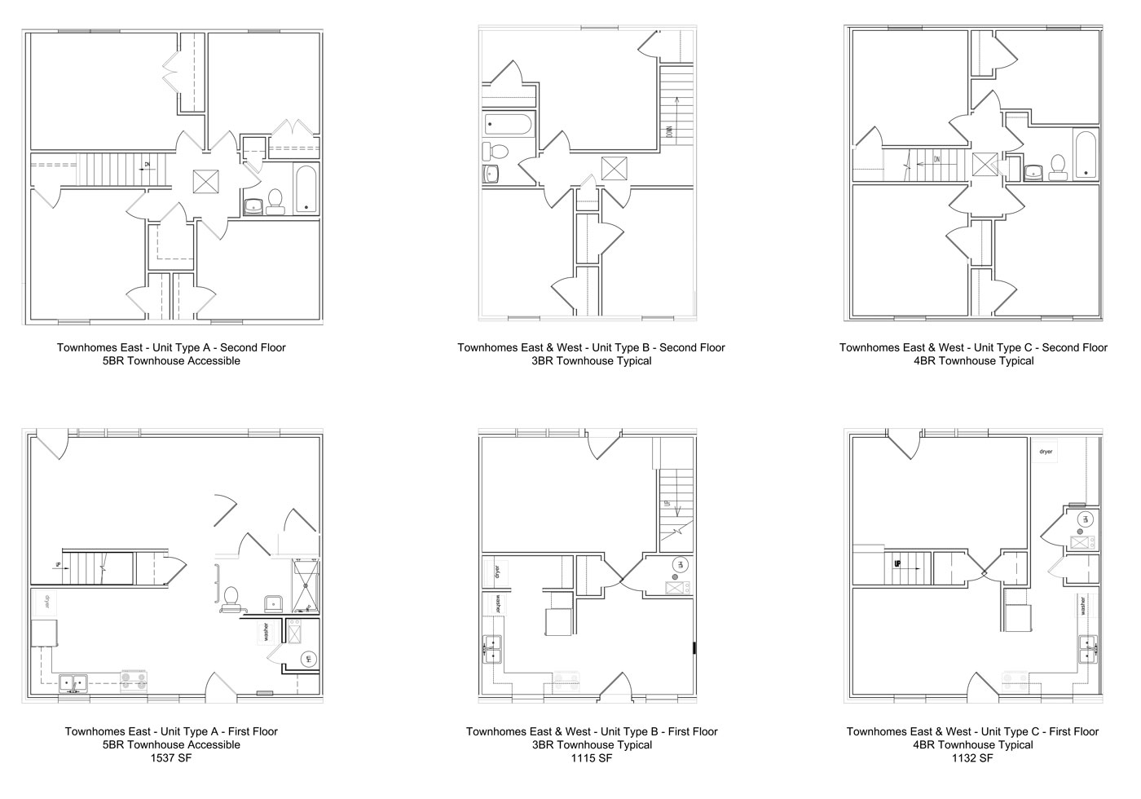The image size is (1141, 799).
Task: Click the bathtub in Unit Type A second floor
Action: [x=306, y=191]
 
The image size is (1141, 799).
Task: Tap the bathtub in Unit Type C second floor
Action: [x=1086, y=154]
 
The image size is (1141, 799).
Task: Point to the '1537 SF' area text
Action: [x=171, y=758]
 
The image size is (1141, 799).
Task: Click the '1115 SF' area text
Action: [x=592, y=758]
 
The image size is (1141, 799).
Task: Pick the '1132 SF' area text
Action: [x=972, y=758]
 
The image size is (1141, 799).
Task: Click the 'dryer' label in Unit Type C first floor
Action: [x=1046, y=451]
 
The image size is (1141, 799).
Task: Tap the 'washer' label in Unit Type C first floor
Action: [x=1083, y=607]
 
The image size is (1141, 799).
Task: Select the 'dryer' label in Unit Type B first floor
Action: [x=496, y=571]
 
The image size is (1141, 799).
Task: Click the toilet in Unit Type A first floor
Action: [x=231, y=599]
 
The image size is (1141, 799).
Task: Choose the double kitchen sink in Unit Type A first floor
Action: [x=73, y=682]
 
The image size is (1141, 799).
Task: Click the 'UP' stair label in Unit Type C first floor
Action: [x=896, y=563]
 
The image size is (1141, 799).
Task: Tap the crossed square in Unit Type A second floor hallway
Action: [x=206, y=181]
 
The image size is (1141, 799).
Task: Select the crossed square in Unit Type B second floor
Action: [x=613, y=168]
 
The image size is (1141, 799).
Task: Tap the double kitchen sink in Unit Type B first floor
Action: [x=493, y=650]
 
